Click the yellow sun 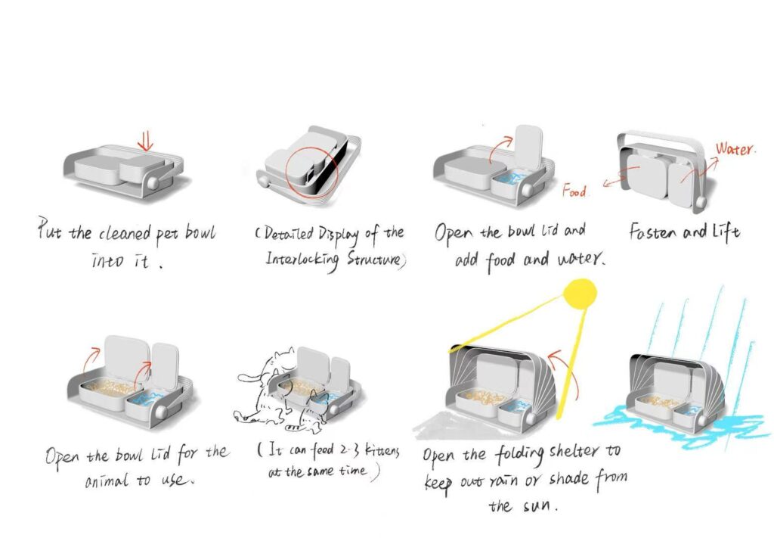click(580, 294)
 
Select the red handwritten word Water click(734, 149)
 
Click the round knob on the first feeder click(153, 182)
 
